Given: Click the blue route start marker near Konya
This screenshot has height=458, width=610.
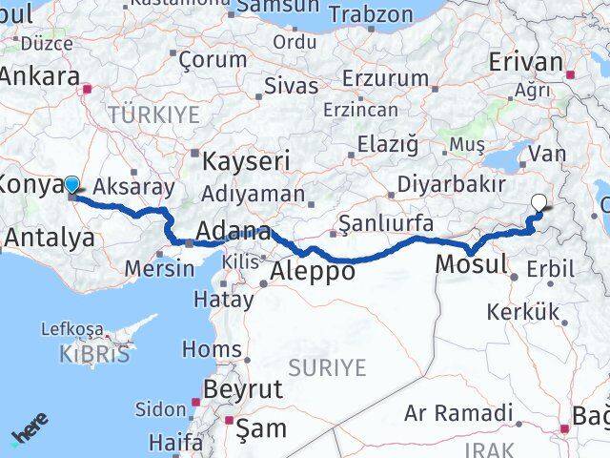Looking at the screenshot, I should coord(71,183).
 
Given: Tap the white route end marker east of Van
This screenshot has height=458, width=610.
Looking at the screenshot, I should coord(539,202).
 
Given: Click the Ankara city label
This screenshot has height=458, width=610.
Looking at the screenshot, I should coord(39,77).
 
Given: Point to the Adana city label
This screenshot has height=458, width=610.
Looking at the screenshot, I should coord(233,232).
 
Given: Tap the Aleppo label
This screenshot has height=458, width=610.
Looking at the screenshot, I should coord(313,271).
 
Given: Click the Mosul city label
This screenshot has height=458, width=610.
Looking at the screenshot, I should coord(471,263).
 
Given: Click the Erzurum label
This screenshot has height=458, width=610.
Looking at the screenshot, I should coord(387,78).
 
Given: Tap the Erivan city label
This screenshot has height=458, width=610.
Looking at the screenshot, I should coord(525,62).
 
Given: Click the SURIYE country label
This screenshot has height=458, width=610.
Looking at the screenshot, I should coord(327,367).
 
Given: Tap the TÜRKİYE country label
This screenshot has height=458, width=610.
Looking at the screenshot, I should coord(154,115).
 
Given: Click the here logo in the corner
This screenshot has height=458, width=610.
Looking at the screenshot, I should coord(30,430).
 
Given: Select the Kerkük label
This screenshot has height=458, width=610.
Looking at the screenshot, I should coord(521,311).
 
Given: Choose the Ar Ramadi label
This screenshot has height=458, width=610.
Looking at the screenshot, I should coord(458,413).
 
